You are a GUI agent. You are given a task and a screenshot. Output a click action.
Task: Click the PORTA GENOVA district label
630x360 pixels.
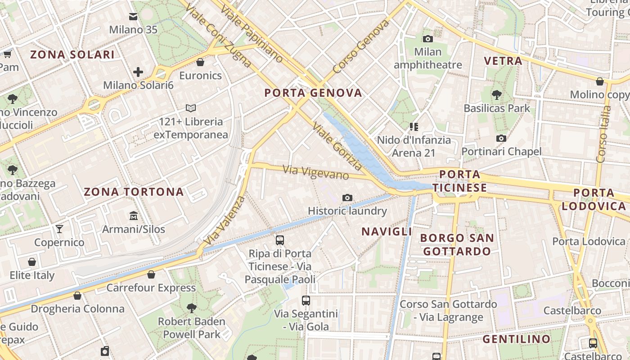(x=313, y=93)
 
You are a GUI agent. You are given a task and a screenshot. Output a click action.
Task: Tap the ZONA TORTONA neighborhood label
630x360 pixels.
(x=134, y=192)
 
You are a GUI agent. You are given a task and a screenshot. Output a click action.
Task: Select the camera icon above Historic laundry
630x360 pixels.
(x=347, y=198)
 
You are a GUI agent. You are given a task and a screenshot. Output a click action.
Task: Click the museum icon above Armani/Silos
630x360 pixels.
(x=134, y=216)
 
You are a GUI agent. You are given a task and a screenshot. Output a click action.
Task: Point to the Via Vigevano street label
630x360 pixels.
(x=315, y=172)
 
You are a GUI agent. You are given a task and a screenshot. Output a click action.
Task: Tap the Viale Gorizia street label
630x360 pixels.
(x=337, y=146)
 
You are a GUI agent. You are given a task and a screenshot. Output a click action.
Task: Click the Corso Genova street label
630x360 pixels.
(x=361, y=47)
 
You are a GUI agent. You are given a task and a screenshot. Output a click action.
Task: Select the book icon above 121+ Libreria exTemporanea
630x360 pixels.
(x=191, y=108)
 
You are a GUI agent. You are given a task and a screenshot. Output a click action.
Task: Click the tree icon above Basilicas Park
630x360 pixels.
(x=497, y=95)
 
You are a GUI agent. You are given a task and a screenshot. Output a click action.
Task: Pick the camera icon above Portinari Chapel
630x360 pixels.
(x=501, y=138)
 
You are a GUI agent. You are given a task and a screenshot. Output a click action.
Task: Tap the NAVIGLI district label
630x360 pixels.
(x=387, y=231)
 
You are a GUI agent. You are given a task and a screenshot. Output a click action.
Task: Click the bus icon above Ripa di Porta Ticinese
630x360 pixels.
(x=280, y=240)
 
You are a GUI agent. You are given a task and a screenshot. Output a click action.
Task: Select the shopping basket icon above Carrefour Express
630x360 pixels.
(x=151, y=274)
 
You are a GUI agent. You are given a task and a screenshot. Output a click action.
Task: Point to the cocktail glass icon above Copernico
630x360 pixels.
(x=59, y=229)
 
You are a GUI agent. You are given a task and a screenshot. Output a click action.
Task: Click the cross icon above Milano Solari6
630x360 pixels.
(x=138, y=72)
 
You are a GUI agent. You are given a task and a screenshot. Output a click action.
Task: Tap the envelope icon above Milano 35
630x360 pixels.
(x=133, y=17)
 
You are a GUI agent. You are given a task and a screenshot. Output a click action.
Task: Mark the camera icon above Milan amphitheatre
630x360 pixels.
(x=428, y=39)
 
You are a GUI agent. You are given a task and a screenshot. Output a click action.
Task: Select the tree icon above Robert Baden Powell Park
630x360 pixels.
(x=192, y=308)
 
